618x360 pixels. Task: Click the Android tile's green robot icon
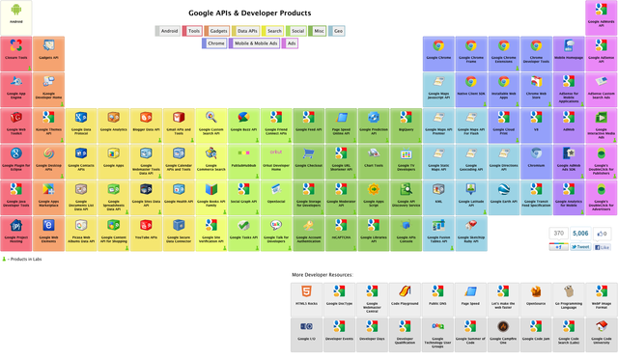click(16, 13)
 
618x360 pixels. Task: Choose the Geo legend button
click(339, 31)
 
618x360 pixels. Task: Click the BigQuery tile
click(405, 121)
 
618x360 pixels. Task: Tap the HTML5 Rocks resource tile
click(306, 294)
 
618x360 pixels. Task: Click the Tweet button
click(579, 247)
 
